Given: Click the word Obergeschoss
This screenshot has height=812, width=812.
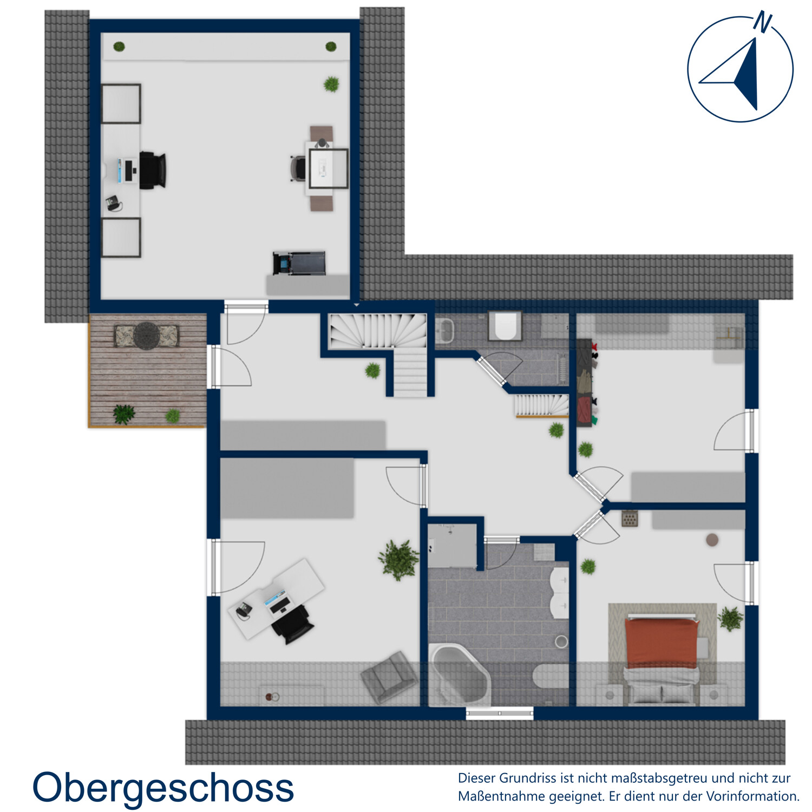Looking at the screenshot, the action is point(163,788).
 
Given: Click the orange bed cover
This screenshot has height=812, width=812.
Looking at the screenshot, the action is point(662,642).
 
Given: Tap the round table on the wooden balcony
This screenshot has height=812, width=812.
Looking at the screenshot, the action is point(147,336).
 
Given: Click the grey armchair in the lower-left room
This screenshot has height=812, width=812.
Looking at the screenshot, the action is point(389,677).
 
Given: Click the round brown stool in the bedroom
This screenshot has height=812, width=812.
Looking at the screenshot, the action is point(712,540).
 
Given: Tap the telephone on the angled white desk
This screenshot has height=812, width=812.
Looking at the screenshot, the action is point(243,610).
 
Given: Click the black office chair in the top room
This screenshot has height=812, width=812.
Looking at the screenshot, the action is point(153,170).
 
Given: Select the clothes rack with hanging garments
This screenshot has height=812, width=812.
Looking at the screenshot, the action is point(586,383).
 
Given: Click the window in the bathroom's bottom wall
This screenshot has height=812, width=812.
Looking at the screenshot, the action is point(500,713).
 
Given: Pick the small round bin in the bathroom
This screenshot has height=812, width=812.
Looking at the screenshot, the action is point(561,641).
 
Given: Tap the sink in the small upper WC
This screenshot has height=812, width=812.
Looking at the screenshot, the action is point(445,330).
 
